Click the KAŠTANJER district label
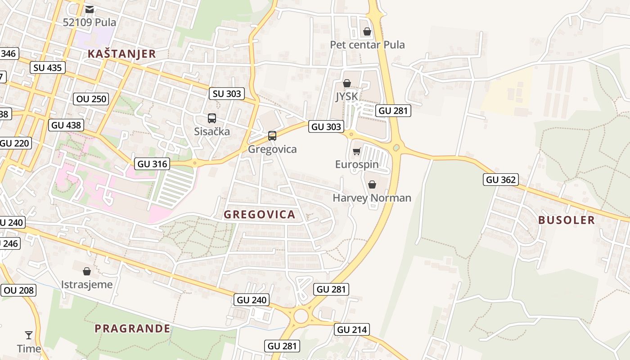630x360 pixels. pyautogui.click(x=121, y=54)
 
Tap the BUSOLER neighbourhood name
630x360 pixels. pyautogui.click(x=567, y=220)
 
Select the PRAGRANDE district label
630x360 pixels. pyautogui.click(x=133, y=328)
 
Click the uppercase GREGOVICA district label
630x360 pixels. pyautogui.click(x=260, y=215)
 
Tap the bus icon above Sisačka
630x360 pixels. pyautogui.click(x=212, y=118)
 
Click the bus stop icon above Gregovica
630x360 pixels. pyautogui.click(x=272, y=135)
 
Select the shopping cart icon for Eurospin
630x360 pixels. pyautogui.click(x=356, y=151)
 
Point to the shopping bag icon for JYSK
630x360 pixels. pyautogui.click(x=347, y=83)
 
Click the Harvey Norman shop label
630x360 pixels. pyautogui.click(x=372, y=198)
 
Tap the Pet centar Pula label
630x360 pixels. pyautogui.click(x=367, y=45)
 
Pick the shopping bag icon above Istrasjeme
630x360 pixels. pyautogui.click(x=87, y=271)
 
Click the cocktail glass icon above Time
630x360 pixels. pyautogui.click(x=29, y=335)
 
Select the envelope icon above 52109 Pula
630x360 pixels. pyautogui.click(x=90, y=9)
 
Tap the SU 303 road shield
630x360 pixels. pyautogui.click(x=227, y=94)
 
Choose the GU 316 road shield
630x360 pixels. pyautogui.click(x=153, y=164)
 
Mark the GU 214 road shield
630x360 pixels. pyautogui.click(x=352, y=329)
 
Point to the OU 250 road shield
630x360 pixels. pyautogui.click(x=91, y=99)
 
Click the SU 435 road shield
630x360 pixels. pyautogui.click(x=48, y=67)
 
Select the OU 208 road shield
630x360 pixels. pyautogui.click(x=18, y=290)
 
